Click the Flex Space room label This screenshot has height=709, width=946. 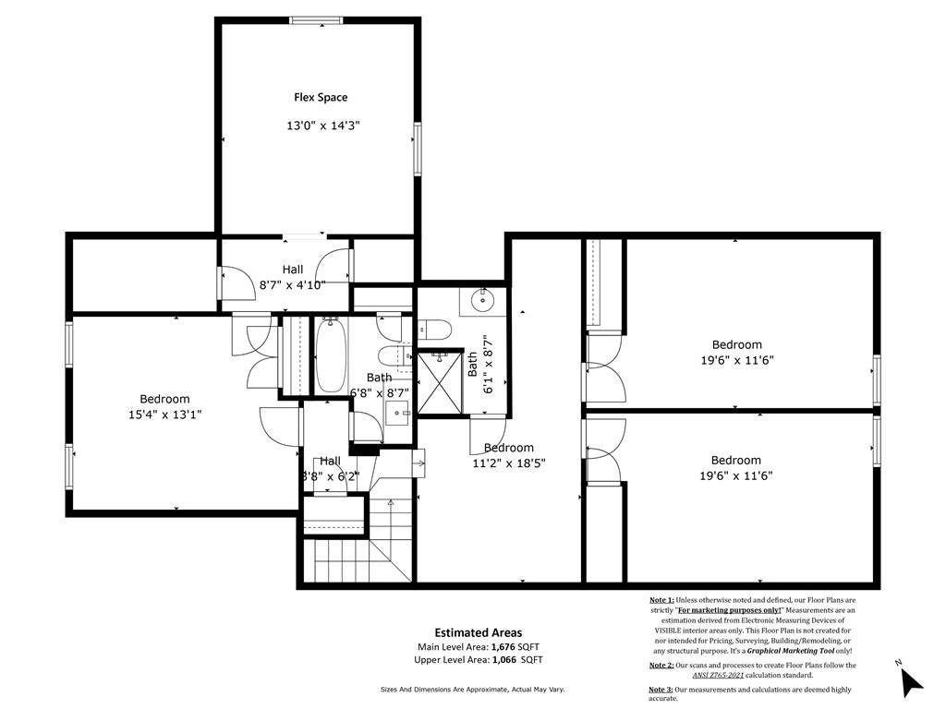coord(321,97)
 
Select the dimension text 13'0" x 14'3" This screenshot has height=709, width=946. coord(321,126)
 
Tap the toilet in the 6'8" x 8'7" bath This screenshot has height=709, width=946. coord(392,355)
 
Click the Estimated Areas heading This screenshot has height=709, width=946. coord(478,632)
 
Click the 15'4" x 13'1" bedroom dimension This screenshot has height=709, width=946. coord(164,415)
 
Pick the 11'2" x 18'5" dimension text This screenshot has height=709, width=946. coord(508,463)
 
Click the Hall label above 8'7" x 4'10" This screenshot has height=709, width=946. coord(293,270)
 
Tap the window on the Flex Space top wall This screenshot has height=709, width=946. coord(317,20)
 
